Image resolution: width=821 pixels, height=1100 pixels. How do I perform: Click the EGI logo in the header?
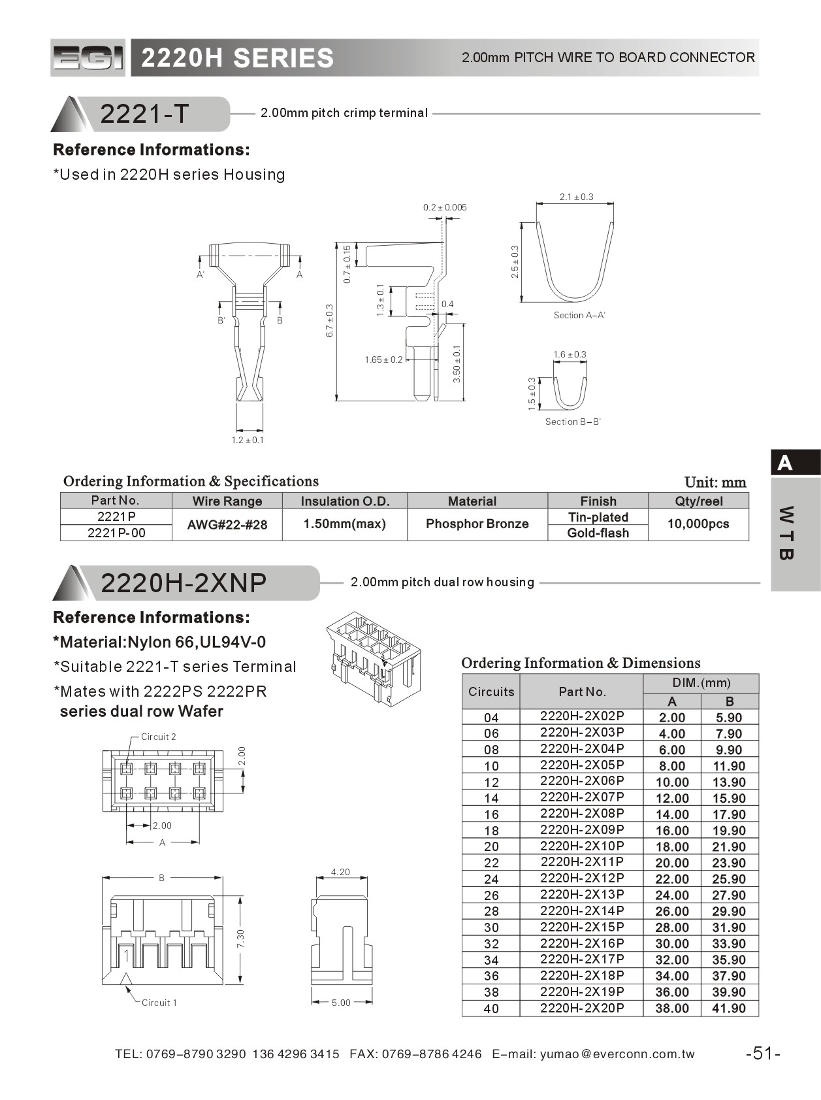(x=88, y=58)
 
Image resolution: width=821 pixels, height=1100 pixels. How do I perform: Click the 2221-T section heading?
(x=144, y=114)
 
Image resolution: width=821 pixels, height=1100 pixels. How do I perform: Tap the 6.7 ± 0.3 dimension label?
(x=330, y=321)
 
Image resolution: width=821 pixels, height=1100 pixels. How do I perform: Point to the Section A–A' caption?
(x=579, y=315)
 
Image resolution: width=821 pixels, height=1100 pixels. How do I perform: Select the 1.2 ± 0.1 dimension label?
(x=248, y=440)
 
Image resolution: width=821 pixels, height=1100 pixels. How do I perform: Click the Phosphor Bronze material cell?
(x=477, y=524)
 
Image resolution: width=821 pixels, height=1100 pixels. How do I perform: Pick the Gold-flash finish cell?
(x=598, y=533)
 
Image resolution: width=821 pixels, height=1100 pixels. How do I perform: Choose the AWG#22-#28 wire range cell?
(x=227, y=524)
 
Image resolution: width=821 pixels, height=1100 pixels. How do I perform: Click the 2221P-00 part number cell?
(x=116, y=533)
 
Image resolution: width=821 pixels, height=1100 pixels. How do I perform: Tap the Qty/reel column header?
(x=698, y=501)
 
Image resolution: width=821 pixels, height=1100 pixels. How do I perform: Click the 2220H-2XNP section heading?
(x=184, y=582)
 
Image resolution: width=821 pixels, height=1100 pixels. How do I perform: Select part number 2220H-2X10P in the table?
(x=582, y=846)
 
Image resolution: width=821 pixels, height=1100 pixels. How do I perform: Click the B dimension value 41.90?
(x=729, y=1008)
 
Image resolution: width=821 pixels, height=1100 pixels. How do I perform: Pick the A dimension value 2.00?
(x=672, y=717)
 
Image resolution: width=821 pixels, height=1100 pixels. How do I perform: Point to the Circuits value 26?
(x=491, y=895)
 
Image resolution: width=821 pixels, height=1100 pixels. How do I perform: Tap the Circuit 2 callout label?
(x=158, y=737)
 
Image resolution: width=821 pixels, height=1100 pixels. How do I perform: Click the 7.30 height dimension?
(x=240, y=939)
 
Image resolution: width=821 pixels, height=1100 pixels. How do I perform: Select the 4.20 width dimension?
(x=340, y=872)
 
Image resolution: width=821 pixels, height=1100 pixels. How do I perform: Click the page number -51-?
(x=763, y=1053)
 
